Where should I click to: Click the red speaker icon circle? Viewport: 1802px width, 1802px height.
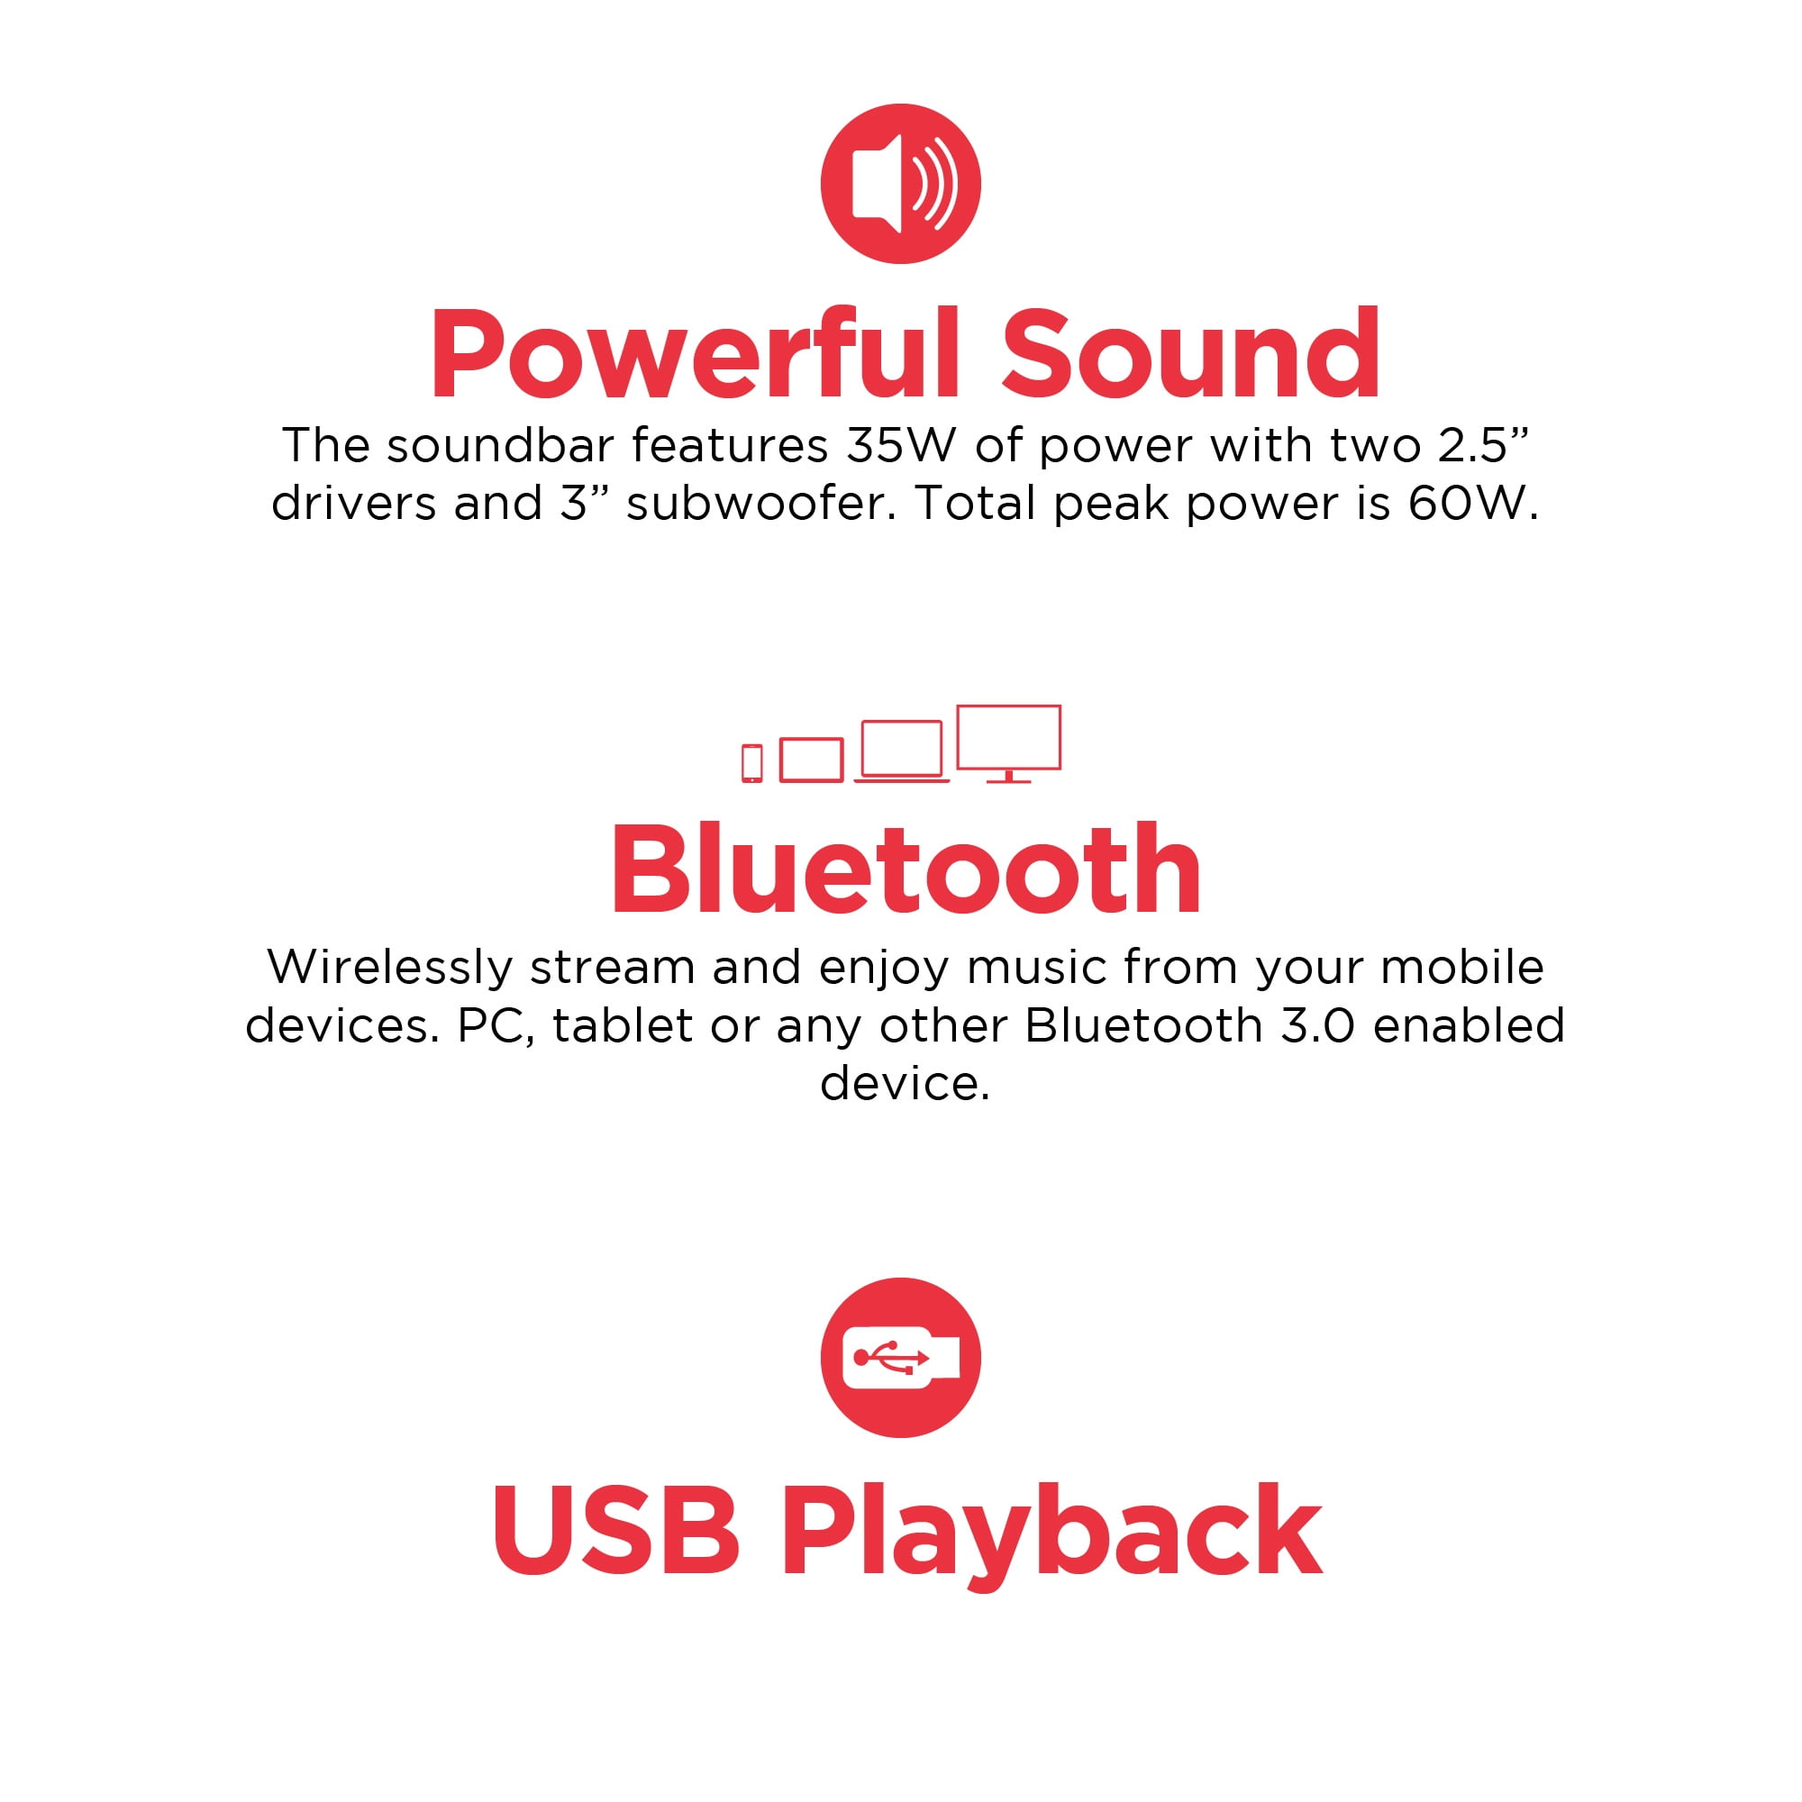pyautogui.click(x=900, y=184)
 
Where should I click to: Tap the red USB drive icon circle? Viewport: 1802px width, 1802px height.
pyautogui.click(x=900, y=1357)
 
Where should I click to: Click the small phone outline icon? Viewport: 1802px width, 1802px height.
pyautogui.click(x=751, y=763)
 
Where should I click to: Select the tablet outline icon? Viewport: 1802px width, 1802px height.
pyautogui.click(x=812, y=760)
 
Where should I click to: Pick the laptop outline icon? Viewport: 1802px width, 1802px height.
pyautogui.click(x=901, y=751)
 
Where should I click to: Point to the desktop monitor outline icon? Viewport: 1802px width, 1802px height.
pyautogui.click(x=1009, y=743)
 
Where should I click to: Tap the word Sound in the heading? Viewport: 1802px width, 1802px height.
pyautogui.click(x=1190, y=354)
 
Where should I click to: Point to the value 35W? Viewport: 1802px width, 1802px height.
pyautogui.click(x=901, y=446)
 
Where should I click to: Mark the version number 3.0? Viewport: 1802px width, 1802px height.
pyautogui.click(x=1318, y=1026)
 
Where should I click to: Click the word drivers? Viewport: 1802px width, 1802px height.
pyautogui.click(x=353, y=504)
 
